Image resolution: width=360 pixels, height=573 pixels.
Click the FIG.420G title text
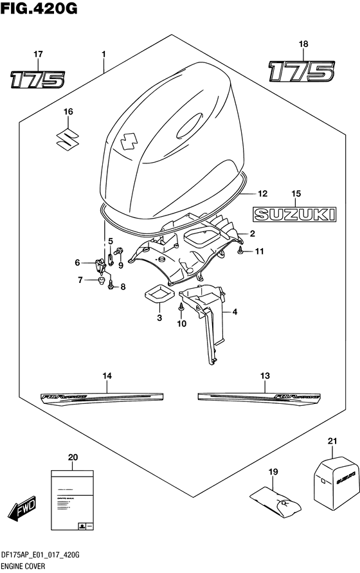32,8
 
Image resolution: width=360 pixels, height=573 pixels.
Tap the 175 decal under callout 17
37,79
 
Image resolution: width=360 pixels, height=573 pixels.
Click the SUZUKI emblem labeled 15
294,213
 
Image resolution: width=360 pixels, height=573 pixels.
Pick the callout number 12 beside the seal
262,192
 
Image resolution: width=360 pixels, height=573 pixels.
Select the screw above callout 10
181,311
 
